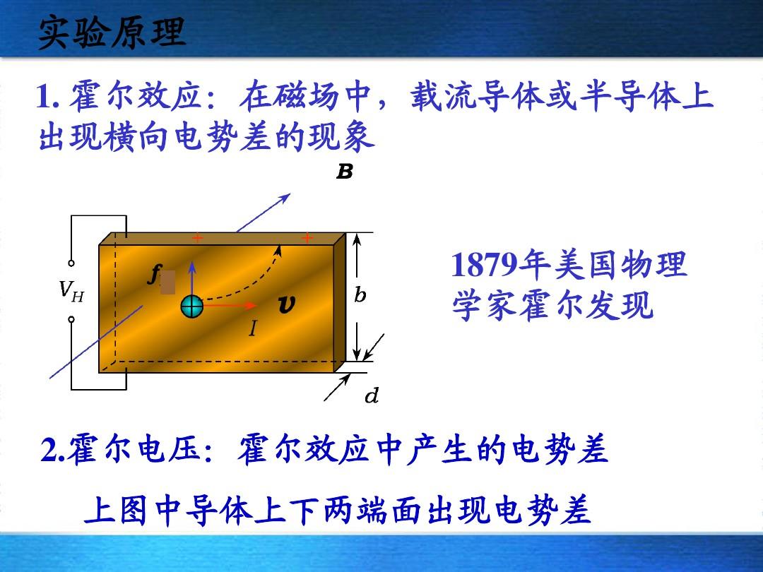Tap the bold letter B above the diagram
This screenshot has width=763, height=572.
pos(345,172)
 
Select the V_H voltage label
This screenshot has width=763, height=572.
pos(71,291)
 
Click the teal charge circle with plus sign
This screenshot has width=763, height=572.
pos(191,306)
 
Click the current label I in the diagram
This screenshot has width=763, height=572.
pos(252,329)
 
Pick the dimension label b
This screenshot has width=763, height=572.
pos(360,294)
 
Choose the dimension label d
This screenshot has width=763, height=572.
pos(372,395)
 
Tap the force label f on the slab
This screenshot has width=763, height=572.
pos(154,275)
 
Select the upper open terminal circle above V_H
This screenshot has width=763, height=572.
pos(71,263)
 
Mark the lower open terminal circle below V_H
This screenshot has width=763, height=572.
pos(71,320)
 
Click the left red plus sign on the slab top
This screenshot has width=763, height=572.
pos(197,238)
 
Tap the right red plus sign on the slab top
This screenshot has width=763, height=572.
pos(307,238)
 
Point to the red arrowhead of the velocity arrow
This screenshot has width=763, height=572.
pos(252,306)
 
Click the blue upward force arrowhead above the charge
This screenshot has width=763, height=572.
pos(192,266)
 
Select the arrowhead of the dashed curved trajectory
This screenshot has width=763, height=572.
pos(278,249)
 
